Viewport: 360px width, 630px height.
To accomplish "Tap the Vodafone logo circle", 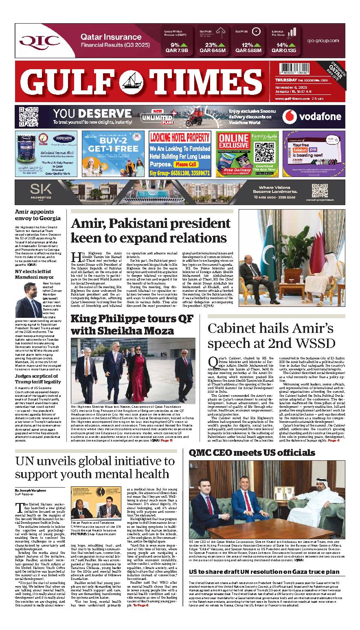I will (290, 117).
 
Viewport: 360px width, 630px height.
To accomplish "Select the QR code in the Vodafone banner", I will (26, 116).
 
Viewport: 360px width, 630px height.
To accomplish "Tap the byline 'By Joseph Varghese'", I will (31, 490).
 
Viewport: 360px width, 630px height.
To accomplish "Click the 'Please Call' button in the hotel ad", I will (186, 164).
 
